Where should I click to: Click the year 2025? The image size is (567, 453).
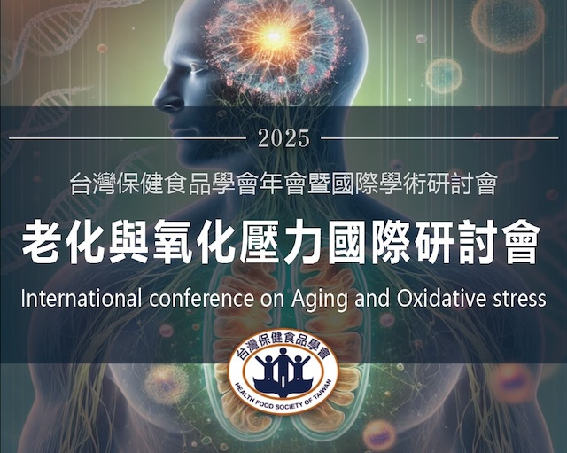(x=284, y=138)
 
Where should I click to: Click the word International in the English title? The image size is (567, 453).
(x=81, y=299)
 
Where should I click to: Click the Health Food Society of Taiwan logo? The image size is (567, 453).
(x=283, y=371)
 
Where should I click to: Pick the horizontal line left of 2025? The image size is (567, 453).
(x=128, y=138)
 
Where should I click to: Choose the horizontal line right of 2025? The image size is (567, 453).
(x=439, y=138)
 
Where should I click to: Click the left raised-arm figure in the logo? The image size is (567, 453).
(x=266, y=368)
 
